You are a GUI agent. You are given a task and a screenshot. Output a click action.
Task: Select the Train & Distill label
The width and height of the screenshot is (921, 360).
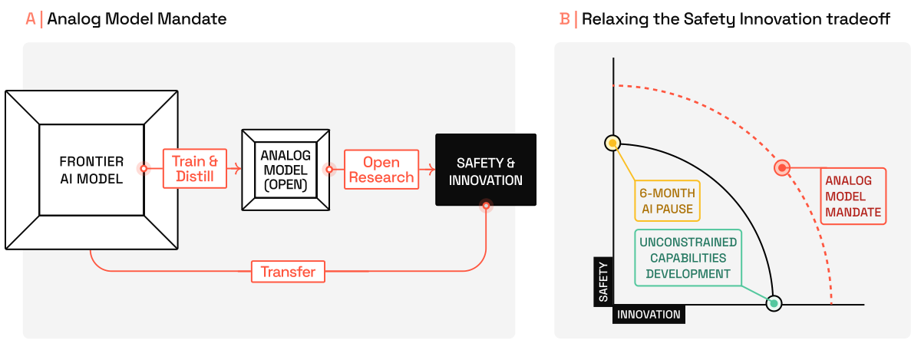[195, 169]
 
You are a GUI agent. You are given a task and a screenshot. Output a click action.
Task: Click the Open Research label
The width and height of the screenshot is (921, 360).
[381, 169]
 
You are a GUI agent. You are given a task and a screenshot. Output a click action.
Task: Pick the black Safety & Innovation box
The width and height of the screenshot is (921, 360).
[485, 170]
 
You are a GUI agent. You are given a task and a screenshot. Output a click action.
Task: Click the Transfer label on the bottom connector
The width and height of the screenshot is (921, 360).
[288, 272]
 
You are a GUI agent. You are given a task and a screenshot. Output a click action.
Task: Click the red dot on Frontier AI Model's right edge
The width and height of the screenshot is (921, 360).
[143, 169]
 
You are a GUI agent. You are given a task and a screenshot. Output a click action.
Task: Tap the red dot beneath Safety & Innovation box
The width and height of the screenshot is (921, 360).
[485, 206]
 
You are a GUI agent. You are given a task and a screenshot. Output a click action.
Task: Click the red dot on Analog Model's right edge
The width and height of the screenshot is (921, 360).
[329, 169]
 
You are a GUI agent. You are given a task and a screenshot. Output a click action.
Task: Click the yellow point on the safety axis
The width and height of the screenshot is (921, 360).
[612, 143]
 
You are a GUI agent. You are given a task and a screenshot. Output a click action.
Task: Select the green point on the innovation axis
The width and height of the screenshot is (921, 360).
[774, 304]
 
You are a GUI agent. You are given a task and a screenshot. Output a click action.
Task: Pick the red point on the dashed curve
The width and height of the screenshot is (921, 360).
[781, 167]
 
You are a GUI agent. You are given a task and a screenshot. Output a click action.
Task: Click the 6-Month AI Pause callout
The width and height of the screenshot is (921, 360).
[668, 201]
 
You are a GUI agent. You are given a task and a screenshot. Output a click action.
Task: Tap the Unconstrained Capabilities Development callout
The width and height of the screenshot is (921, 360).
[688, 257]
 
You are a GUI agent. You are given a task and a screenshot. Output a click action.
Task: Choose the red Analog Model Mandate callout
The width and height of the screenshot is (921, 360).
[853, 196]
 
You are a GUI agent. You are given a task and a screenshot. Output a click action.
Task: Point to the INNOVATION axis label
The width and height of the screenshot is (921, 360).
[649, 315]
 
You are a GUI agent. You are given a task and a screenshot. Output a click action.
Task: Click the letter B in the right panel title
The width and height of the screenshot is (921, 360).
[566, 19]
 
